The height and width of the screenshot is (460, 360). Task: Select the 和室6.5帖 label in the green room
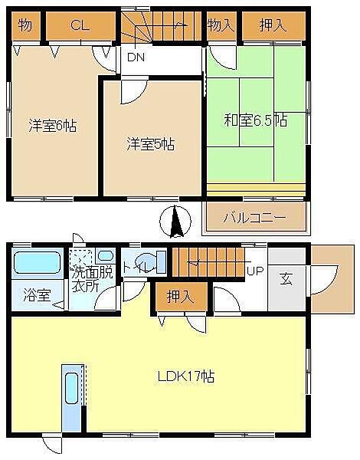coord(255,120)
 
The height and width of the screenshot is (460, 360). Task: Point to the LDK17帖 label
coord(186,377)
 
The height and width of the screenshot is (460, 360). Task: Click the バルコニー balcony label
coord(254,217)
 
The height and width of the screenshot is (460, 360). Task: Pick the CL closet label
coord(80,25)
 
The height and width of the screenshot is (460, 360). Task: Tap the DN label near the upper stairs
coord(136,58)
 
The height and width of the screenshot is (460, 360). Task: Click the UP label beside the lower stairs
coord(255,271)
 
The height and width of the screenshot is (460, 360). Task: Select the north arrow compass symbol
coord(175,222)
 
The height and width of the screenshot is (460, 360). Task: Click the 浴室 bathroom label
coord(33,293)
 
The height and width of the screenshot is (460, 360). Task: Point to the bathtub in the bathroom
coord(37,262)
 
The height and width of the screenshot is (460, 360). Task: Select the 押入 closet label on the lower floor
coord(180,297)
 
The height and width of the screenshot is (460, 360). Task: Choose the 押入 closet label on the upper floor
coord(272,25)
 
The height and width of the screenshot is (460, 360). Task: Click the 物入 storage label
coord(221,25)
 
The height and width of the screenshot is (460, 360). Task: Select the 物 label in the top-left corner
coord(25,25)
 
